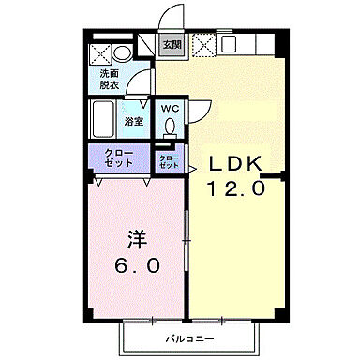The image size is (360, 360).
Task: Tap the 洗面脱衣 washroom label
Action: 110,80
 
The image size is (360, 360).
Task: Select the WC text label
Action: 169,109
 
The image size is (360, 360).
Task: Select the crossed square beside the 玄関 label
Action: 202,45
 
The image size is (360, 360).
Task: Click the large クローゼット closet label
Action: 120,157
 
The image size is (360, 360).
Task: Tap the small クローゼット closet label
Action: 169,161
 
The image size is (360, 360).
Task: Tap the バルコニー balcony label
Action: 191,337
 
